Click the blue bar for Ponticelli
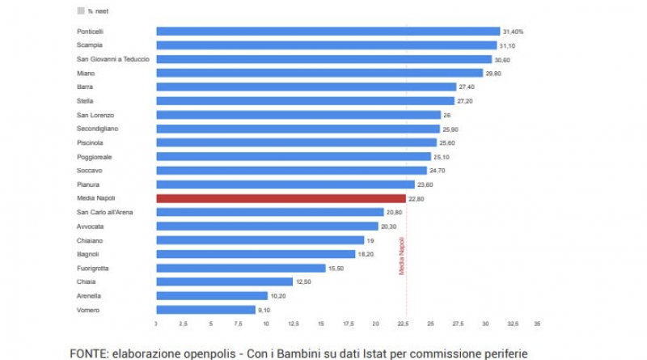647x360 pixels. pos(328,32)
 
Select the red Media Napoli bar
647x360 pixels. pos(281,198)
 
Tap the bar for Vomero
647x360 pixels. pos(205,309)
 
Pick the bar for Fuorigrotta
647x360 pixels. pos(240,268)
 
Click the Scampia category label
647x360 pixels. pos(89,45)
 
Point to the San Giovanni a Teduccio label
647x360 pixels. pos(112,59)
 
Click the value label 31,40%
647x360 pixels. pos(513,32)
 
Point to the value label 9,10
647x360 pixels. pos(264,309)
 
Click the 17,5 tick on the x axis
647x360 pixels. pos(347,324)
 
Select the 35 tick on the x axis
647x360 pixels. pos(537,324)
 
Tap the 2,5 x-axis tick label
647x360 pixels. pos(183,324)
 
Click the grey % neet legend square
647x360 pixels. pos(80,11)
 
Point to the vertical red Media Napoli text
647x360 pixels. pos(401,256)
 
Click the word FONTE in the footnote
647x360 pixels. pos(90,353)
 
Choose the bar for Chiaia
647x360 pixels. pos(224,282)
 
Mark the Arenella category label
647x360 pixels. pos(90,295)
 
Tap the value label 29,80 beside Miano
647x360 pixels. pos(495,73)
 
